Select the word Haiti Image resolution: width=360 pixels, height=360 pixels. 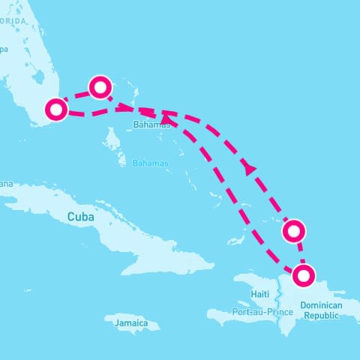260,293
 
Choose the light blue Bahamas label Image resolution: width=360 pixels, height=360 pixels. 150,163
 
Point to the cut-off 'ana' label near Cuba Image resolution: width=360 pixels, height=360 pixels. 7,183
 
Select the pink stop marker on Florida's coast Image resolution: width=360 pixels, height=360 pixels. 55,109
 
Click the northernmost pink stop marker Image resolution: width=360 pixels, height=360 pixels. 100,87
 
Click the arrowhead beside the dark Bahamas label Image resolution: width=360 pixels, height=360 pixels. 165,118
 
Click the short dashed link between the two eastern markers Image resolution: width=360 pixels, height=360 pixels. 300,253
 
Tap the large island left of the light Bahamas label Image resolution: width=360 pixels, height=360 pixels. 112,139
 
